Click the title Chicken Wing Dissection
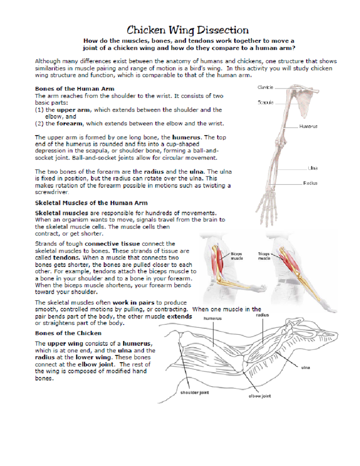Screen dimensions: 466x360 point(187,30)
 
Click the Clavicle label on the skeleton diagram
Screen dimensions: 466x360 point(265,87)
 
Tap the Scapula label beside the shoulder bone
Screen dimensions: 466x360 point(265,103)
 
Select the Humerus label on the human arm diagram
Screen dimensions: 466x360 point(308,127)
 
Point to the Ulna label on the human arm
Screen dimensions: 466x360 point(312,168)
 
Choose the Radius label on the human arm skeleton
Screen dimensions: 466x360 point(310,183)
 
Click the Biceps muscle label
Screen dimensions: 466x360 point(236,256)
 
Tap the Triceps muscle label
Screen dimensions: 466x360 point(264,256)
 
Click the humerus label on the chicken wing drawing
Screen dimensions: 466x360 point(212,318)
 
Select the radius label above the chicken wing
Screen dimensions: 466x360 point(262,315)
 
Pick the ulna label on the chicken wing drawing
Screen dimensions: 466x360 point(305,368)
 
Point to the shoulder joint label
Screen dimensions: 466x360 point(194,392)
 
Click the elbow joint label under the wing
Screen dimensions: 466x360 point(259,396)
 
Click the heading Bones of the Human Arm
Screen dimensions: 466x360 point(74,89)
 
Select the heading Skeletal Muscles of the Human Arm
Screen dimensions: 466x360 point(91,203)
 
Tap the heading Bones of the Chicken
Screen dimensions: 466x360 point(68,333)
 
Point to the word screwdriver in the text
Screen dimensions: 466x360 point(52,192)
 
